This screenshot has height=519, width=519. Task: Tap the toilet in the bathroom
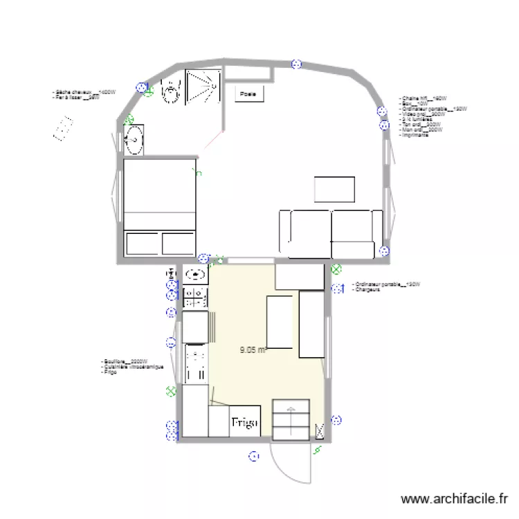[170, 89]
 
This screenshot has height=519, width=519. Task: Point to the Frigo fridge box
[244, 421]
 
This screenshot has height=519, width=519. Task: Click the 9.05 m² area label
[253, 350]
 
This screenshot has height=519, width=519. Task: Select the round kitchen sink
[196, 275]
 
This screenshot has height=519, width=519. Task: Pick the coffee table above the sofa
[335, 190]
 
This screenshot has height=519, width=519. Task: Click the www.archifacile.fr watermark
[454, 499]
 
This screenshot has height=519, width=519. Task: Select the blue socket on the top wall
[296, 64]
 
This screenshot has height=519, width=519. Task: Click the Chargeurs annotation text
[364, 290]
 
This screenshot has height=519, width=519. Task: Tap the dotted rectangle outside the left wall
[63, 129]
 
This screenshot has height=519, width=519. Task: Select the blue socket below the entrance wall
[254, 456]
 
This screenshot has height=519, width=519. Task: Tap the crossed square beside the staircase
[319, 430]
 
